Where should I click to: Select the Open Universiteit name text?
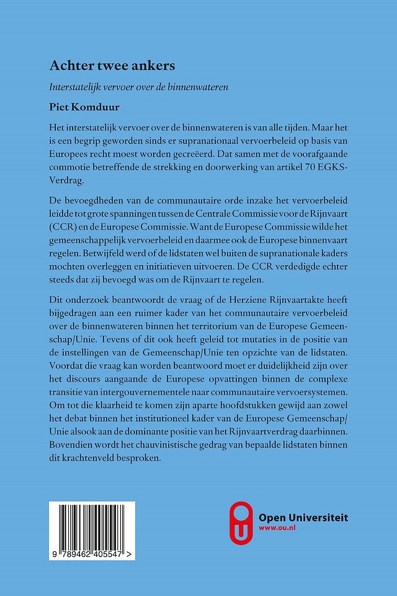tap(303, 517)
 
